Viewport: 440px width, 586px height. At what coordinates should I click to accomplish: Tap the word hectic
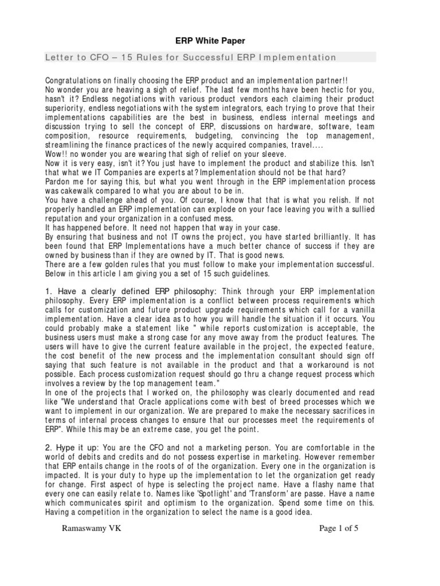325,90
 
